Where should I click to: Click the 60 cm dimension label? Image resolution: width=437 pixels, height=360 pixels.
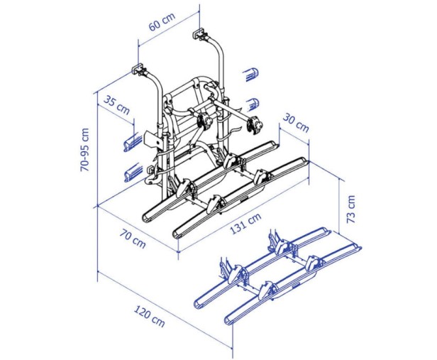coord(162,21)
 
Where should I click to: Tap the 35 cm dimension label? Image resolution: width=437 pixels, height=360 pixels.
coord(117,105)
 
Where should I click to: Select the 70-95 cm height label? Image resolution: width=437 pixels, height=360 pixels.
coord(84,150)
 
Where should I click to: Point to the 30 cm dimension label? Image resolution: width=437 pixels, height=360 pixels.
coord(296,123)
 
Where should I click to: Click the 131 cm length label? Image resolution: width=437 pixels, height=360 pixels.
coord(245,224)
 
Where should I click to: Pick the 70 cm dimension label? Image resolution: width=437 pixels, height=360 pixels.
coord(133,239)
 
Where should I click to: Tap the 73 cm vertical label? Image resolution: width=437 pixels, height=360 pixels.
coord(351,209)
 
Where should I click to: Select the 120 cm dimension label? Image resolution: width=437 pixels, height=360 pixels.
coord(150,316)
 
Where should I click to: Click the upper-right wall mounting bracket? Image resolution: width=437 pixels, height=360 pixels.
coord(199,33)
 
